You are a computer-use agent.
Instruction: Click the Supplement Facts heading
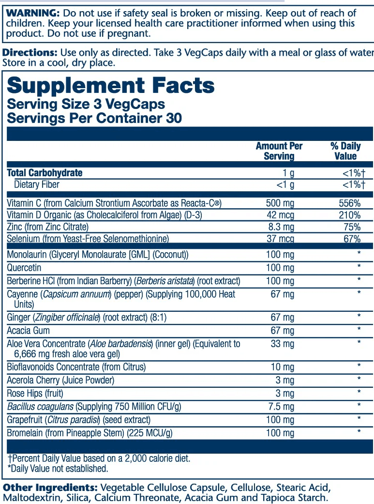click(110, 86)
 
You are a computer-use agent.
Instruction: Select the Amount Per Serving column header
click(279, 151)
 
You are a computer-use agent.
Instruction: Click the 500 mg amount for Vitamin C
click(280, 203)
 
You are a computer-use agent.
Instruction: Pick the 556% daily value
click(349, 203)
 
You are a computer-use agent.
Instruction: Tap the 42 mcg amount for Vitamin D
click(280, 215)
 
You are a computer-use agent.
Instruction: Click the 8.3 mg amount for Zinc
click(281, 227)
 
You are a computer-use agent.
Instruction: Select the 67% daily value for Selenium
click(351, 239)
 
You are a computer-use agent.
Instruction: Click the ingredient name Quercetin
click(24, 268)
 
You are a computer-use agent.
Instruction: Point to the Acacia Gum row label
click(29, 331)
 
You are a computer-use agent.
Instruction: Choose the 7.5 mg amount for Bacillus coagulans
click(282, 406)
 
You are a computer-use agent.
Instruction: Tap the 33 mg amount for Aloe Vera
click(282, 344)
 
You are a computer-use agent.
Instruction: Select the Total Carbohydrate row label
click(45, 173)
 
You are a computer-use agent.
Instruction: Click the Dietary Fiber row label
click(37, 184)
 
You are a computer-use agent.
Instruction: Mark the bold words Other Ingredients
click(50, 487)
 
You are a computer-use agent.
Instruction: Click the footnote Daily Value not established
click(58, 469)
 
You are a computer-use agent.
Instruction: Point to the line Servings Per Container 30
click(94, 118)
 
